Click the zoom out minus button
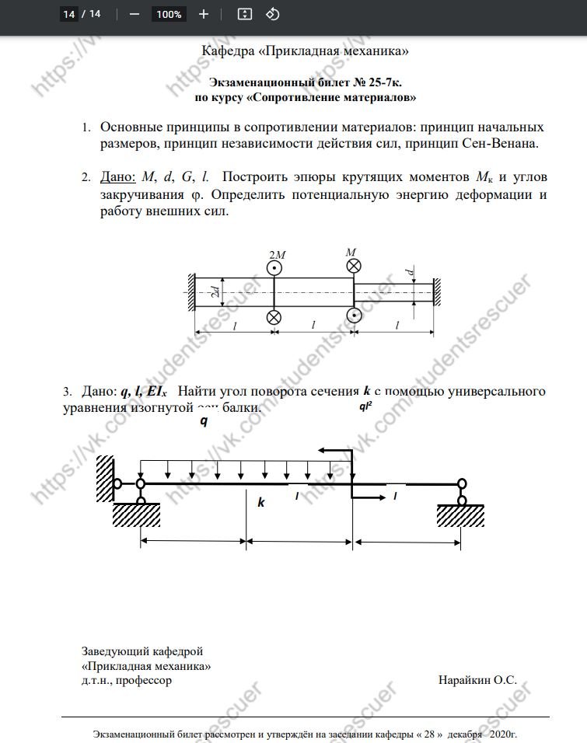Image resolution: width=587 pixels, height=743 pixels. click(x=135, y=14)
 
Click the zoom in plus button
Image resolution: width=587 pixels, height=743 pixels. click(x=204, y=14)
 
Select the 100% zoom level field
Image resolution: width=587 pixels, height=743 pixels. click(x=169, y=14)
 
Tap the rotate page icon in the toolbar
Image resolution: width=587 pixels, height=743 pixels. click(x=272, y=14)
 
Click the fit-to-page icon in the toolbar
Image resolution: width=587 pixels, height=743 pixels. click(x=245, y=14)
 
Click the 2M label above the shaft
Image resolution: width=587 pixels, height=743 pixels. click(x=276, y=255)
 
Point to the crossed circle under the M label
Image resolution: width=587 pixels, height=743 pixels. click(x=353, y=267)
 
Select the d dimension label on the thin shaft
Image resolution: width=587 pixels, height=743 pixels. click(x=410, y=273)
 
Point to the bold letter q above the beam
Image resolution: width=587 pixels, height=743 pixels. click(x=204, y=421)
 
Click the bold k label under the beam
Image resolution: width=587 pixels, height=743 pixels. click(x=261, y=503)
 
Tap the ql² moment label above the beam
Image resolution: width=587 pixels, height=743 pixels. click(x=365, y=406)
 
